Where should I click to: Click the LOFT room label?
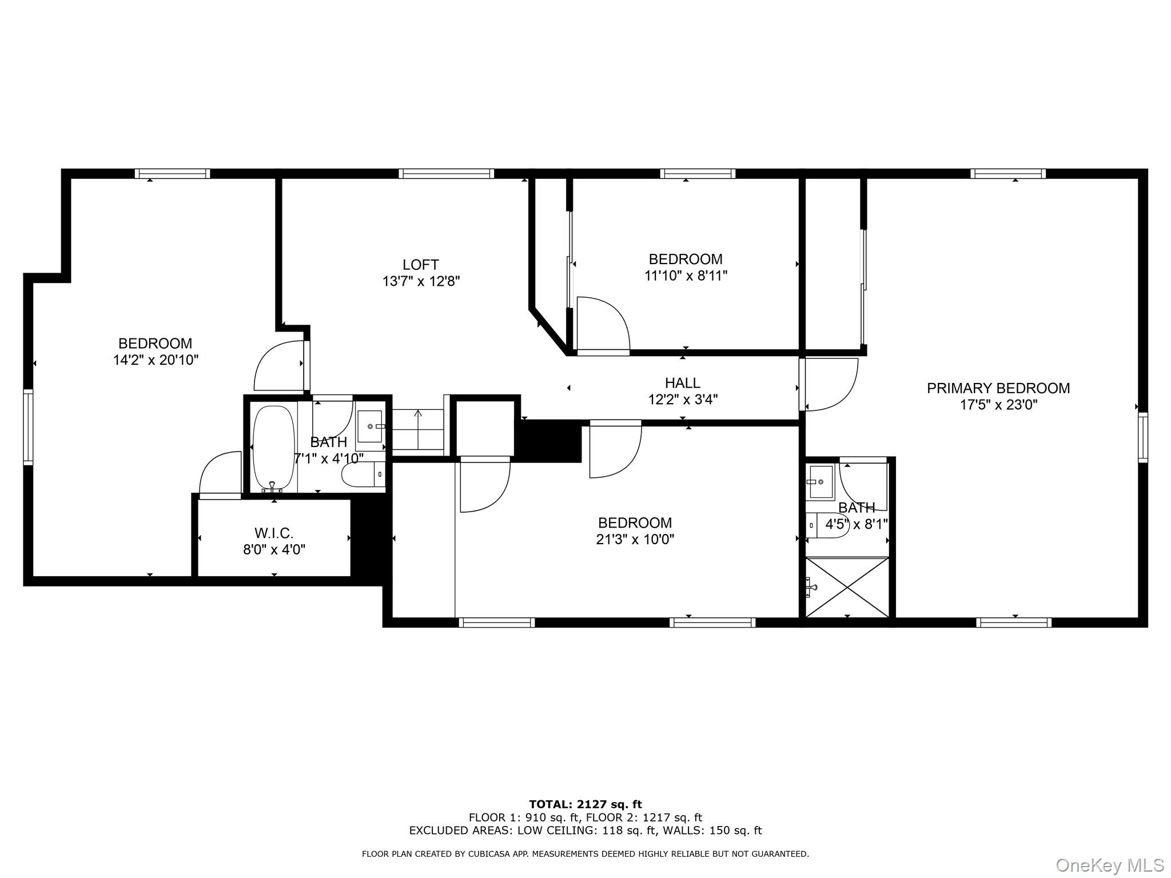420,265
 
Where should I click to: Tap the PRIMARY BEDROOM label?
998,388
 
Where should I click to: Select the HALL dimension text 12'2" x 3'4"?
682,399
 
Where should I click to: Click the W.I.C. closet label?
274,533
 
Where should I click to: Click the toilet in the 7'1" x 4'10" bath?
358,474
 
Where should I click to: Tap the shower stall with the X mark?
847,588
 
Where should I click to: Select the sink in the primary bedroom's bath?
821,474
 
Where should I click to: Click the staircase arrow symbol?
418,413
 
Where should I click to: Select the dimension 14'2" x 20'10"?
156,360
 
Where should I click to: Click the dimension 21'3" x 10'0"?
635,539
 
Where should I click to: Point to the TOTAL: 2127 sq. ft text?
585,805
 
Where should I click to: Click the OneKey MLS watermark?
1109,865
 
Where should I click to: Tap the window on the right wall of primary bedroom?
1142,437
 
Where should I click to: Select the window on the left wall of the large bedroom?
28,427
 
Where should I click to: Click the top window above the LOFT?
446,173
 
